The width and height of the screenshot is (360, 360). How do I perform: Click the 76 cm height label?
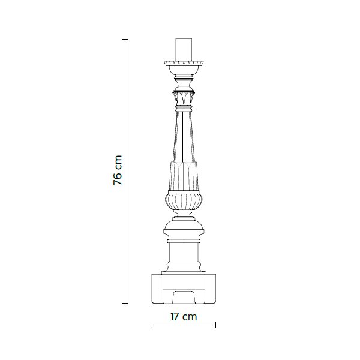[118, 170]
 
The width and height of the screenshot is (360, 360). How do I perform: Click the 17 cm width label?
[184, 317]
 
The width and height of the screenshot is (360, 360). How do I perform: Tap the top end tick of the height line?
[125, 40]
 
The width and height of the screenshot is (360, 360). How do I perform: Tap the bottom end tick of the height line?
[125, 303]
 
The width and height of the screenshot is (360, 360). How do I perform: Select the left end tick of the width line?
[152, 325]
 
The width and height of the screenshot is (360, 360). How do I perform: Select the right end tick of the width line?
[215, 325]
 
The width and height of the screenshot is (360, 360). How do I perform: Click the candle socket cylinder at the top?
[184, 50]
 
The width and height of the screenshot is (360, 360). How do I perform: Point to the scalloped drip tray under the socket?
[184, 63]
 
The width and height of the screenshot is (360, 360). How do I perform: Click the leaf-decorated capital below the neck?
[184, 99]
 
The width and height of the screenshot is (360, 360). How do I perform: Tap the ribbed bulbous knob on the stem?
[184, 202]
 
